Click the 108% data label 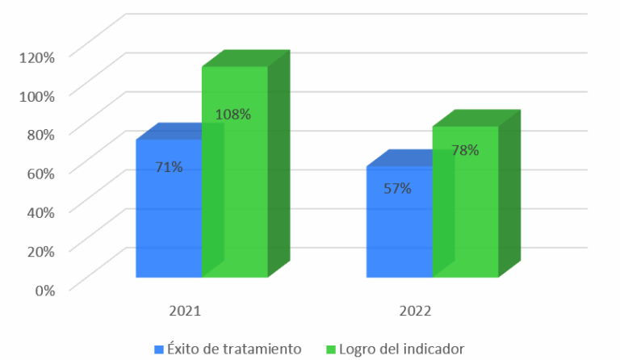coord(233,114)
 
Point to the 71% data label coord(170,167)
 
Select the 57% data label coord(398,188)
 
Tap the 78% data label coord(465,149)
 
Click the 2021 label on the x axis coord(184,311)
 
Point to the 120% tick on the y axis coord(38,57)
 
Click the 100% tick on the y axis coord(38,95)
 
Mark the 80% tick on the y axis coord(40,134)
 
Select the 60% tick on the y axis coord(40,173)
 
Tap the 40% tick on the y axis coord(40,211)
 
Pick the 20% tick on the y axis coord(40,250)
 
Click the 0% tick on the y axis coord(44,289)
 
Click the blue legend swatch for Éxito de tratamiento coord(159,349)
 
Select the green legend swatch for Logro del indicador coord(330,349)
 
